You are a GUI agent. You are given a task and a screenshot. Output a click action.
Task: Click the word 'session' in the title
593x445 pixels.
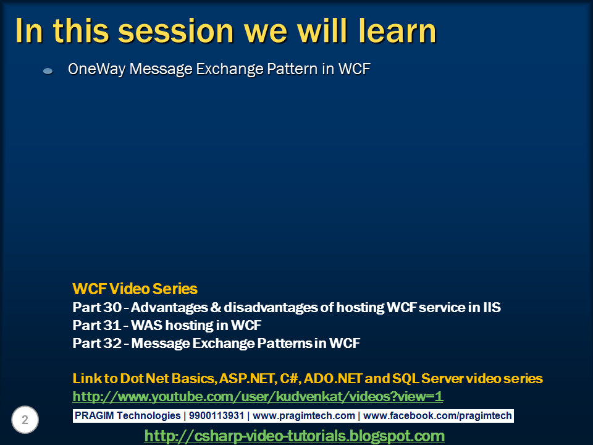click(x=176, y=32)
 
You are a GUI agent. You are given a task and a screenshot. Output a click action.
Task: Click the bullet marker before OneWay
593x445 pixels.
click(x=48, y=70)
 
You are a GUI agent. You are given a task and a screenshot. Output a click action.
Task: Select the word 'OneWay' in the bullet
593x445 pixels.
click(x=96, y=69)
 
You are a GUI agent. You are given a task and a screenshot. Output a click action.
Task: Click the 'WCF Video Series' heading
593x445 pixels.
click(x=135, y=289)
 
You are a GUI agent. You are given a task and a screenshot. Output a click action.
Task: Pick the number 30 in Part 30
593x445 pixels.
click(x=112, y=307)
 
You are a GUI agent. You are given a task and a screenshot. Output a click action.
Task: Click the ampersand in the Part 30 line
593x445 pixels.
click(x=216, y=307)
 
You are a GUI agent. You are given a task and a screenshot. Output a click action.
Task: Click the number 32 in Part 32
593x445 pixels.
click(x=112, y=343)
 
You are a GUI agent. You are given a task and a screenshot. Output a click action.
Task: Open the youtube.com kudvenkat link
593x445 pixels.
click(x=258, y=397)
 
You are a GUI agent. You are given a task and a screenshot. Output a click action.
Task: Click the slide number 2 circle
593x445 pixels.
click(x=25, y=420)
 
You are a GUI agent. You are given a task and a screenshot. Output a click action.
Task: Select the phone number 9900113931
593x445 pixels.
click(x=216, y=415)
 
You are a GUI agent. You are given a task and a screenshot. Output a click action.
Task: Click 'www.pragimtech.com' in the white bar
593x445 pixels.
click(x=304, y=415)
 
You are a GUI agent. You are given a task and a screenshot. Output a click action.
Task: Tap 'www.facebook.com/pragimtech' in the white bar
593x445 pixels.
click(x=437, y=415)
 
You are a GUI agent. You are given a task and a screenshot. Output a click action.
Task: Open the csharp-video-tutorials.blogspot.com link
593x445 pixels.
click(x=294, y=436)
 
